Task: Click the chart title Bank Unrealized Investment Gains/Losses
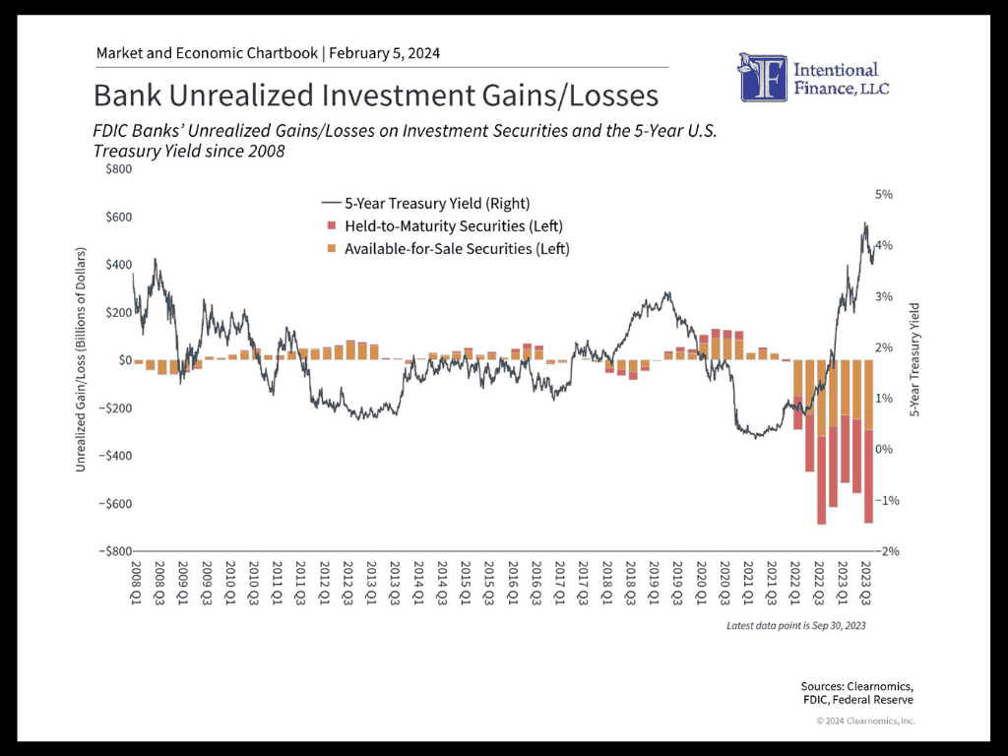(376, 95)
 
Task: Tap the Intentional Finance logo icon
(763, 78)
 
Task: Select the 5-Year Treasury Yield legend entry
(425, 203)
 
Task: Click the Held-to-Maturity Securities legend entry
(445, 226)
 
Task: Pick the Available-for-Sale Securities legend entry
(448, 249)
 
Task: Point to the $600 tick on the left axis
(119, 217)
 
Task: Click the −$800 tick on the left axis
(115, 551)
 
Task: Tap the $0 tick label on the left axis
(125, 360)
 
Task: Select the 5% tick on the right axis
(884, 194)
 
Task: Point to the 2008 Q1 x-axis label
(136, 583)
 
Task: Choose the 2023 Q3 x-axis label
(866, 583)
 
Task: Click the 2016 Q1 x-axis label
(513, 583)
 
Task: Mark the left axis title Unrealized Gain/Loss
(81, 359)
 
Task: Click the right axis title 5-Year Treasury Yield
(914, 359)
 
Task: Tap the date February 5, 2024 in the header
(385, 53)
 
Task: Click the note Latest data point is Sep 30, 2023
(795, 625)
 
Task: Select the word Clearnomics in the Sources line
(879, 686)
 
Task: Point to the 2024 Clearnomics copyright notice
(865, 721)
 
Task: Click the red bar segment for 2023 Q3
(868, 476)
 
